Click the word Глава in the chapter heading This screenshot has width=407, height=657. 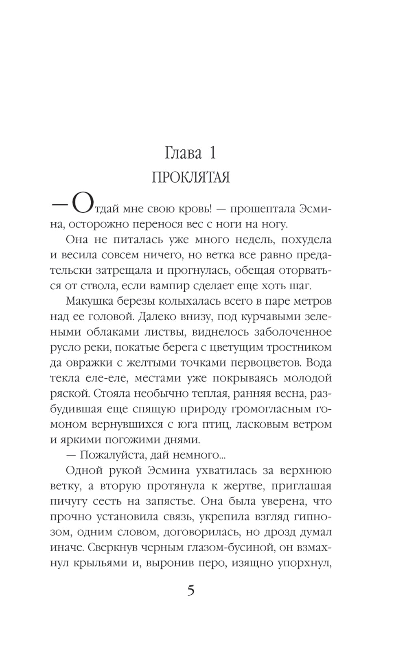tap(184, 153)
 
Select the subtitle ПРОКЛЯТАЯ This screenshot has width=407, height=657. tap(191, 178)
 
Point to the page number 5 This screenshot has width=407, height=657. tap(191, 590)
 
